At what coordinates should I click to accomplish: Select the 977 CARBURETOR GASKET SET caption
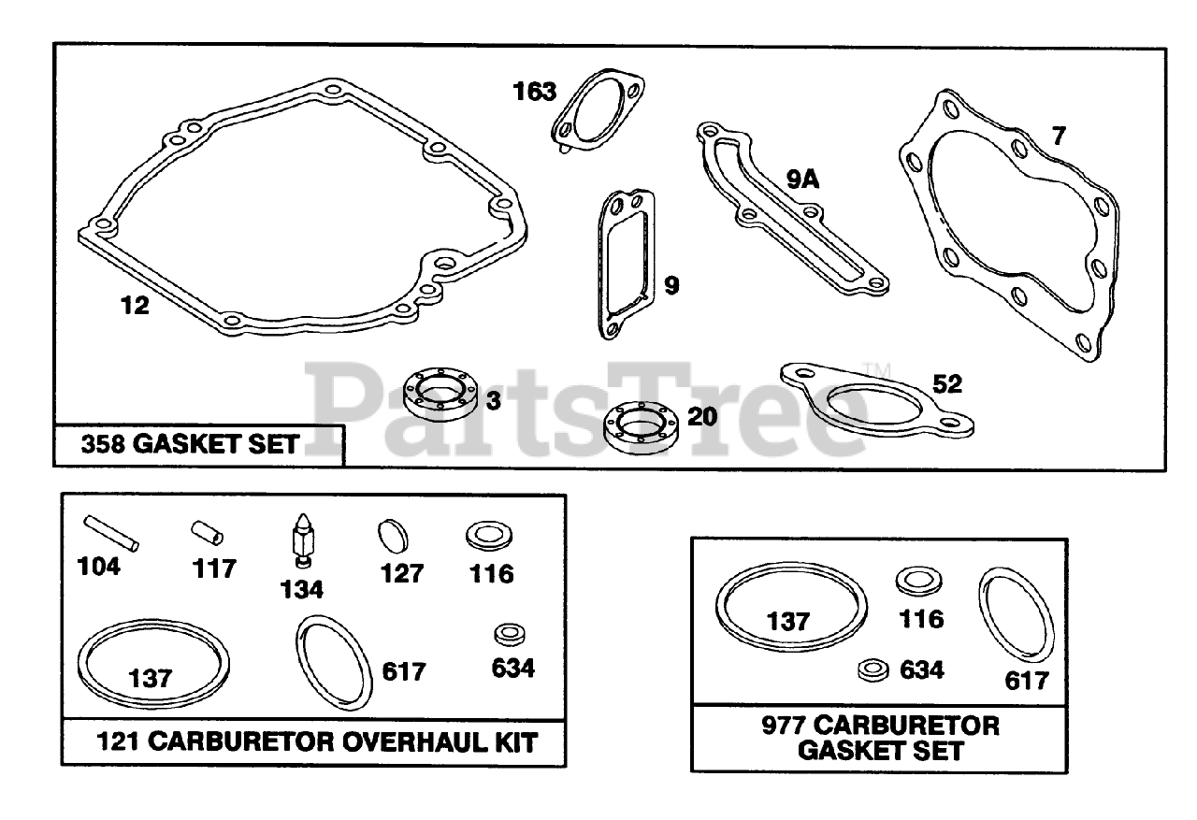coord(880,737)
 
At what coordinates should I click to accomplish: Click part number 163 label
coord(534,92)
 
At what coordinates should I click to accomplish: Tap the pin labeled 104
coord(111,532)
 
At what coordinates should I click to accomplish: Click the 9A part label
coord(802,179)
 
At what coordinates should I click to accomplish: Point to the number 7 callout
coord(1058,136)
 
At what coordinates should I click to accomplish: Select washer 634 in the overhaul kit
coord(509,634)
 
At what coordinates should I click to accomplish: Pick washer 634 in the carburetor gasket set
coord(872,669)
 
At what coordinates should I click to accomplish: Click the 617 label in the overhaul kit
coord(404,671)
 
